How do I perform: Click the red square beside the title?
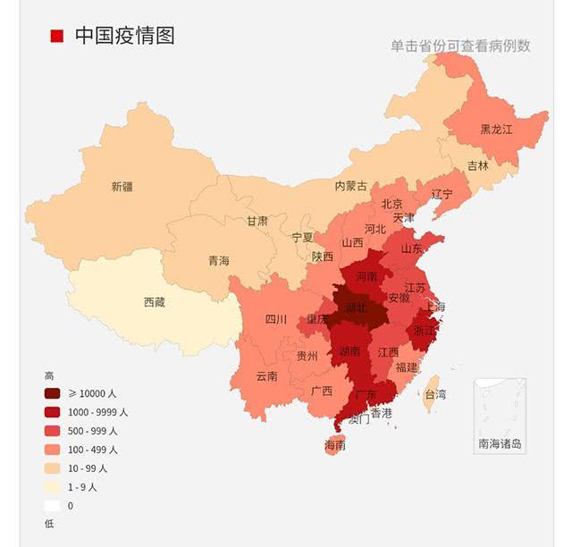pyautogui.click(x=57, y=36)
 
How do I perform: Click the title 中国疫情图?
pyautogui.click(x=124, y=36)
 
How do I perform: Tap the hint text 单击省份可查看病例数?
pyautogui.click(x=460, y=46)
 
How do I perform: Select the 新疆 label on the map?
pyautogui.click(x=122, y=187)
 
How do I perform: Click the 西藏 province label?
pyautogui.click(x=155, y=302)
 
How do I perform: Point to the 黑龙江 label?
pyautogui.click(x=497, y=129)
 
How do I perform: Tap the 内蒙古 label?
pyautogui.click(x=351, y=186)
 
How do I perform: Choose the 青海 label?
pyautogui.click(x=219, y=261)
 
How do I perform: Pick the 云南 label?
pyautogui.click(x=267, y=376)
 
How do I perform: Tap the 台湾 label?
pyautogui.click(x=434, y=393)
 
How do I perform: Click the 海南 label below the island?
pyautogui.click(x=334, y=444)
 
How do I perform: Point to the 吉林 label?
pyautogui.click(x=478, y=165)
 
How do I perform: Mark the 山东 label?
pyautogui.click(x=412, y=248)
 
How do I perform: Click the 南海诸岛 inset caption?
pyautogui.click(x=500, y=443)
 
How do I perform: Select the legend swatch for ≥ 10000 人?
pyautogui.click(x=53, y=394)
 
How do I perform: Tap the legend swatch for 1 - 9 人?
pyautogui.click(x=53, y=487)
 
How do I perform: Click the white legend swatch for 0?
pyautogui.click(x=53, y=506)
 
